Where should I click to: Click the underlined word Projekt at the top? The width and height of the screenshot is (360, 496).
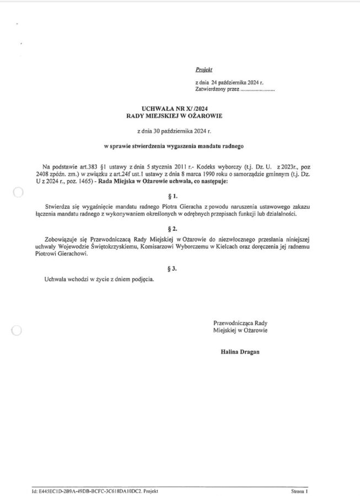203,71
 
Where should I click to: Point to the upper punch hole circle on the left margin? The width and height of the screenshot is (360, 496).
18,192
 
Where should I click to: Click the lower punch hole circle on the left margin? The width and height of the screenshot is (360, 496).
17,330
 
